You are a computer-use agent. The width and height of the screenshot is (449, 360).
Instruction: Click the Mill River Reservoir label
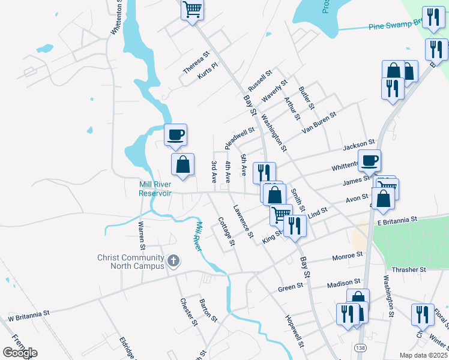(155, 188)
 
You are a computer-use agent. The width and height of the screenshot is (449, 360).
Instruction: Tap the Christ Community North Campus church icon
(174, 261)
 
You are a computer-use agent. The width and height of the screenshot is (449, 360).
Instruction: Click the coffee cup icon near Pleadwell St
(175, 134)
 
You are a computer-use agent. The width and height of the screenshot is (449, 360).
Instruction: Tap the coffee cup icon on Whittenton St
(369, 160)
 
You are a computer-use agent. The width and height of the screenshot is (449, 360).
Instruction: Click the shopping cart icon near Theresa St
(193, 9)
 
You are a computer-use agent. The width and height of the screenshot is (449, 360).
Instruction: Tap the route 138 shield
(360, 348)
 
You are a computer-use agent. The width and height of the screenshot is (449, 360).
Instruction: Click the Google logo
(20, 353)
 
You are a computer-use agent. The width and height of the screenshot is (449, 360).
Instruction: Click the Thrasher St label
(408, 270)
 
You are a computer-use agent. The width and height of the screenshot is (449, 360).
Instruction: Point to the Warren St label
(142, 235)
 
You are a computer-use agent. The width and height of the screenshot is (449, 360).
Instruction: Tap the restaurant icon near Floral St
(423, 314)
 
